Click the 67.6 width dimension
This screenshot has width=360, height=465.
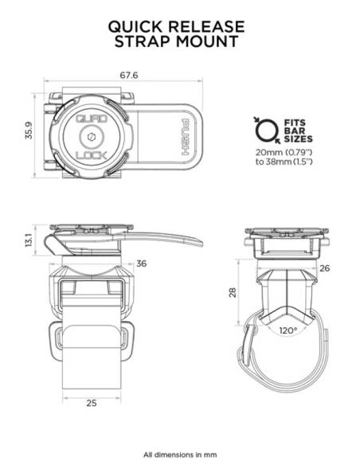pyautogui.click(x=129, y=76)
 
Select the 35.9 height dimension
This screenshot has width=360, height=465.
pyautogui.click(x=29, y=130)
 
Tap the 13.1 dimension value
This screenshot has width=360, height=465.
pyautogui.click(x=29, y=240)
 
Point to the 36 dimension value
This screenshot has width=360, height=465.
pyautogui.click(x=141, y=264)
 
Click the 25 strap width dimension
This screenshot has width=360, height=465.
pyautogui.click(x=92, y=403)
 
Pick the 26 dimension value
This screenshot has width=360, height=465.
pyautogui.click(x=325, y=268)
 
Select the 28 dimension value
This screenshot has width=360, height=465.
pyautogui.click(x=233, y=292)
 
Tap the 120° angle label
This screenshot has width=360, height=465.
pyautogui.click(x=288, y=330)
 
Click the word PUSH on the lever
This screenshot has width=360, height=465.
pyautogui.click(x=185, y=137)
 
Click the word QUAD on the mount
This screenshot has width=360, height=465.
pyautogui.click(x=92, y=119)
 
